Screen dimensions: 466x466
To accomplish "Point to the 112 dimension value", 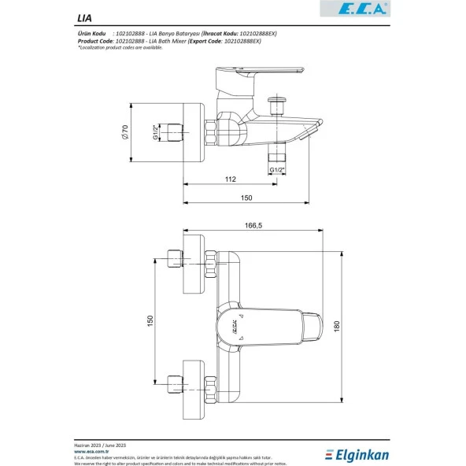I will [x=229, y=180].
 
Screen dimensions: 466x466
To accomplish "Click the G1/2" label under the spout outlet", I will [x=277, y=170].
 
